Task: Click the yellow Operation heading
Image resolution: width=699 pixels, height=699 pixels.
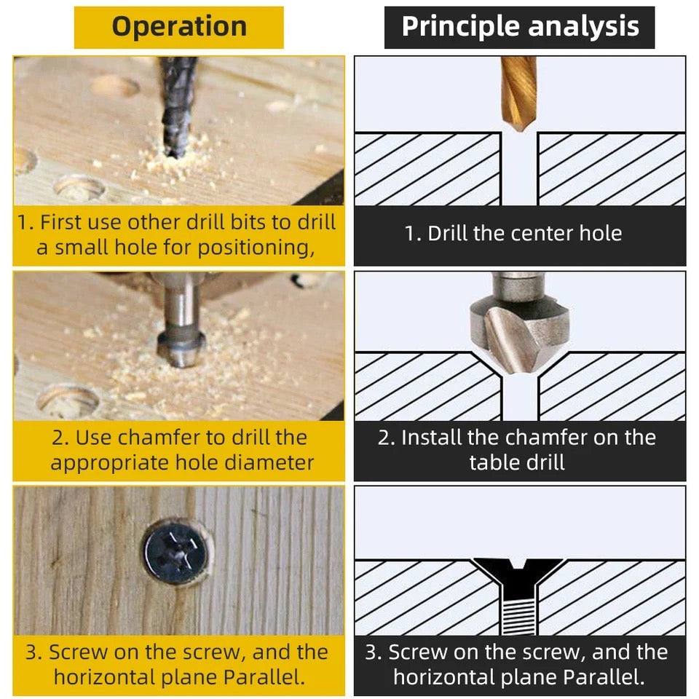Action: tap(179, 27)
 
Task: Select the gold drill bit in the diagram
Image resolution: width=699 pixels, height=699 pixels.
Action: tap(518, 91)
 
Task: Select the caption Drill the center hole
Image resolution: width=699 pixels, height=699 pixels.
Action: tap(513, 234)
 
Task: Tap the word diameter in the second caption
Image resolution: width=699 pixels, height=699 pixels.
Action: tap(270, 463)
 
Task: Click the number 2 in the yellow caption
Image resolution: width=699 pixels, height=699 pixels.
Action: tap(58, 438)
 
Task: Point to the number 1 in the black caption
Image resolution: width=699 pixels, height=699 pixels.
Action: tap(410, 234)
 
